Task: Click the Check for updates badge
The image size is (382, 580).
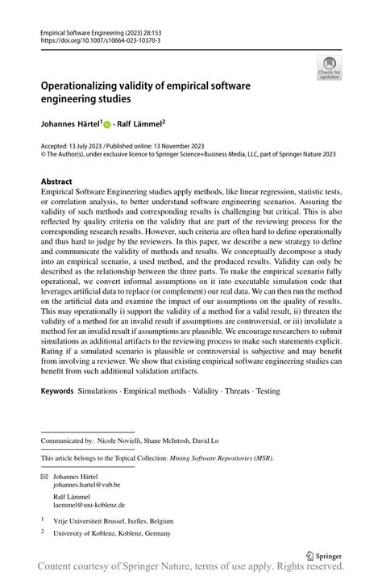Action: (x=329, y=69)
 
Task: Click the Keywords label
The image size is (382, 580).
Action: (x=57, y=390)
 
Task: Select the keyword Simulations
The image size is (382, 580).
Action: (x=102, y=390)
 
